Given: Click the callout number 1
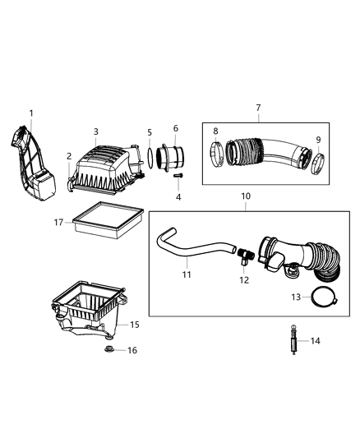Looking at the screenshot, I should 31,113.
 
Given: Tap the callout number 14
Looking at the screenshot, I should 316,339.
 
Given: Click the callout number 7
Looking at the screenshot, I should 259,108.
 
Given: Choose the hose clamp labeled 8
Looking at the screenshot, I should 215,153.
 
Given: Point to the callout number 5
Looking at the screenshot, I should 150,132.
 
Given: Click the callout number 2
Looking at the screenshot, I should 69,154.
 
